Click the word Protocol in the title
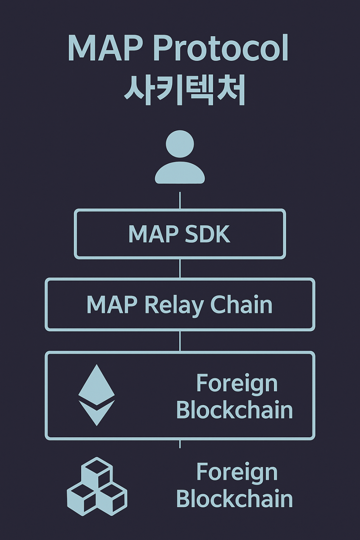221,48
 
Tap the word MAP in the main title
105,48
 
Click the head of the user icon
180,144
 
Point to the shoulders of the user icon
180,174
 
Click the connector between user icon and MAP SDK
180,200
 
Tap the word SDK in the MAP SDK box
207,234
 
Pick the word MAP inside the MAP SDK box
153,234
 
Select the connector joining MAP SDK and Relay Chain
180,268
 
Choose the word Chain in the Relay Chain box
241,305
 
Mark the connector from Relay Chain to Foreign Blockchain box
180,341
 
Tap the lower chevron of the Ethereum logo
97,412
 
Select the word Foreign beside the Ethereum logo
237,384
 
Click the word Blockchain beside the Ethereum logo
234,410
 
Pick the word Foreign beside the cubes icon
237,472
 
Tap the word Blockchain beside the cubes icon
234,499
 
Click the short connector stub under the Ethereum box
180,444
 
